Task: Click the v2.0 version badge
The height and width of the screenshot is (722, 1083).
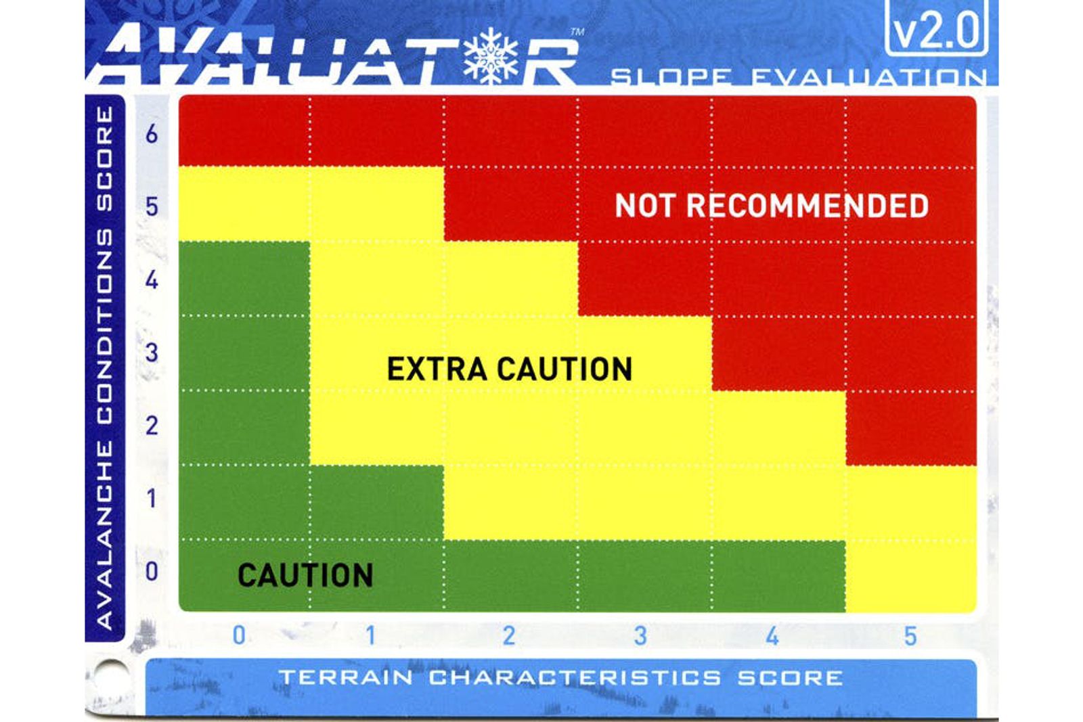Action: tap(936, 29)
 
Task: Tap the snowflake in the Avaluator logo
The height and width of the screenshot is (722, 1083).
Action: tap(491, 55)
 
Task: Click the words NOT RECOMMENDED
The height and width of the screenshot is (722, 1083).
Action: tap(771, 206)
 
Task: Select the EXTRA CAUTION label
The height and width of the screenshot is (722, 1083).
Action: tap(509, 369)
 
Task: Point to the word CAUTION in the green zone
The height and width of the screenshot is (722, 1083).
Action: tap(305, 575)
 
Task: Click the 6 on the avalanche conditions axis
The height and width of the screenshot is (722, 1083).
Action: tap(152, 133)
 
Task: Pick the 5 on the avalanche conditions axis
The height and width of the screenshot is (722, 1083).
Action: tap(152, 206)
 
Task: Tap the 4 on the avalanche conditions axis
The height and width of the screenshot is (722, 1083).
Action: tap(152, 279)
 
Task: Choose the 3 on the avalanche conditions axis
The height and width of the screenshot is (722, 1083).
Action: tap(152, 352)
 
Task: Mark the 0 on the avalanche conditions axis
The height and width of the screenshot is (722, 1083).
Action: tap(152, 571)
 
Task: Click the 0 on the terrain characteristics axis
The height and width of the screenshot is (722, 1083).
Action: tap(239, 635)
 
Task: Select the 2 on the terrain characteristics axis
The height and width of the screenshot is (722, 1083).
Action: tap(508, 635)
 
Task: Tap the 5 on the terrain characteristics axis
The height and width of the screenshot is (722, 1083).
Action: tap(910, 635)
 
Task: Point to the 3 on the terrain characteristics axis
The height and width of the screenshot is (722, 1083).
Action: tap(640, 635)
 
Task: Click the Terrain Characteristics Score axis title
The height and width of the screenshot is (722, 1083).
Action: tap(561, 677)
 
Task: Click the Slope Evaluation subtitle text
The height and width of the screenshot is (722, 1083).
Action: tap(798, 77)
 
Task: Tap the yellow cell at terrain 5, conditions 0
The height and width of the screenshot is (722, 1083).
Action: tap(911, 576)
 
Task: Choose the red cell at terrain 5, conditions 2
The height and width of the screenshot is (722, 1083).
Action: tap(911, 428)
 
